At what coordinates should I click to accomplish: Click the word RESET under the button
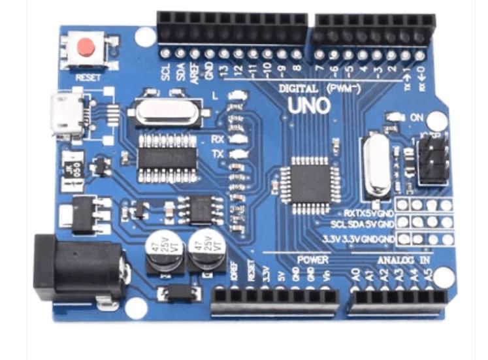[88, 76]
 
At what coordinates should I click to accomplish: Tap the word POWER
[313, 259]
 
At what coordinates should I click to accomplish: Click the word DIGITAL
[298, 88]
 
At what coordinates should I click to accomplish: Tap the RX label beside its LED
[218, 139]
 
